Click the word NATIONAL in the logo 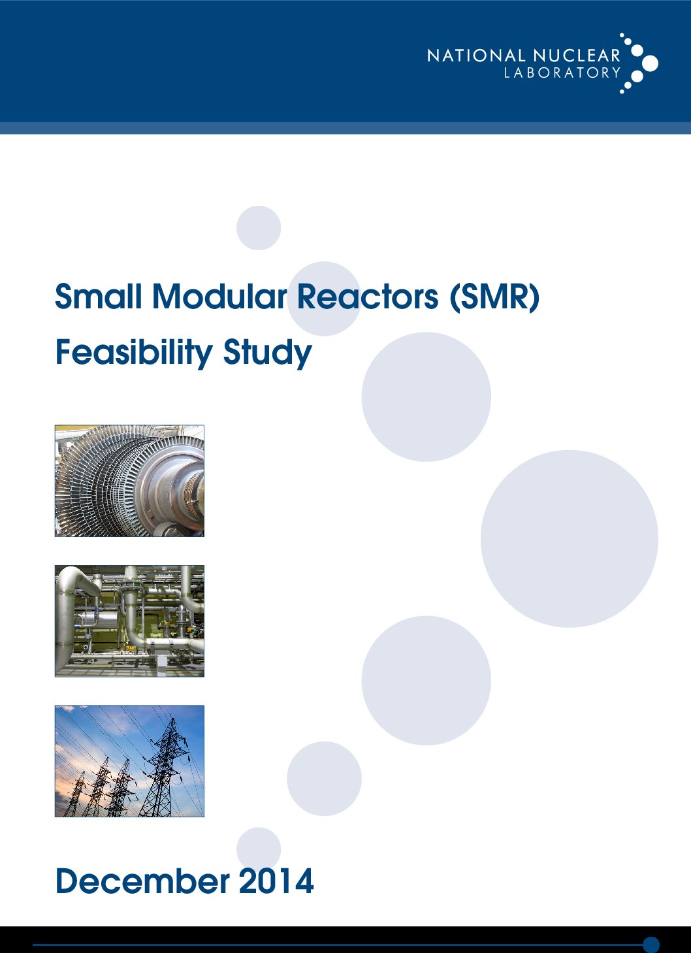pos(476,56)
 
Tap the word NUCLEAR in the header pos(577,56)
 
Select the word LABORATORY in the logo pos(562,73)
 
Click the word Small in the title pos(99,297)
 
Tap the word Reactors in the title pos(368,297)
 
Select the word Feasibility pos(135,353)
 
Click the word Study pos(267,353)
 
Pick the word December pos(143,881)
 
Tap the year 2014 pos(276,881)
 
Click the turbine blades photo pos(130,480)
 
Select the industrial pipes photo pos(130,621)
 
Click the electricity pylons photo pos(130,761)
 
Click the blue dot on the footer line pos(651,945)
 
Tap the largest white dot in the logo pos(650,63)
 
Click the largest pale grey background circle pos(570,539)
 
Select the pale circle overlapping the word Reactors pos(325,299)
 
